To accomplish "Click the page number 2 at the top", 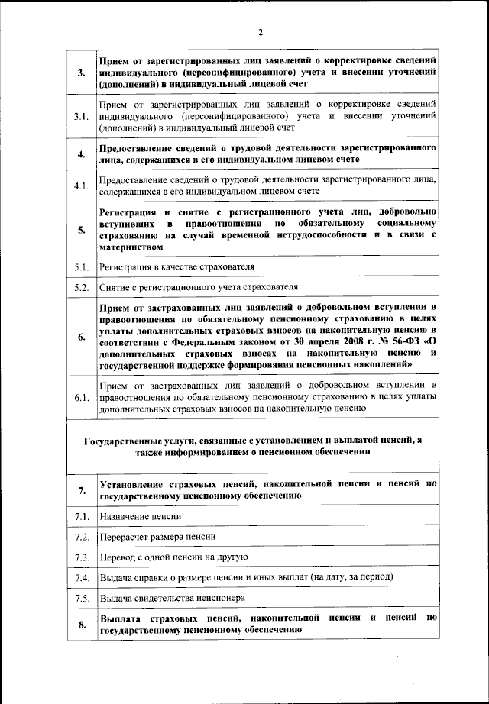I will point(260,32).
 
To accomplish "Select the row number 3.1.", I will point(81,116).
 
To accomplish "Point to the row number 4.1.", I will point(81,186).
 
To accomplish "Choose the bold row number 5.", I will point(81,229).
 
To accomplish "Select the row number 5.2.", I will point(81,288).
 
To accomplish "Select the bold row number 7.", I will point(81,490).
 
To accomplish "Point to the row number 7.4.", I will point(81,577).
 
